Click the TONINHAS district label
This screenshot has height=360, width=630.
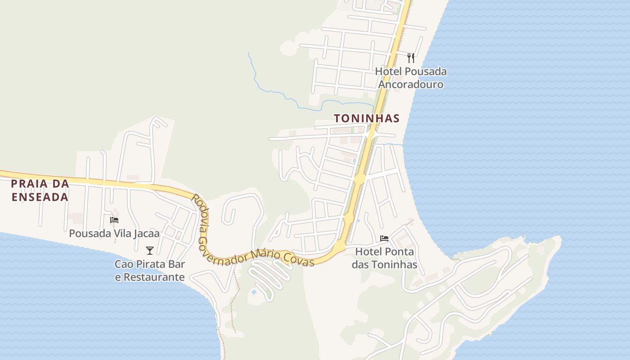(x=366, y=118)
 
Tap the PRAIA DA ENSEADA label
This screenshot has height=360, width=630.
(x=40, y=190)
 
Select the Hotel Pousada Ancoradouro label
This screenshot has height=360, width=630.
(x=410, y=78)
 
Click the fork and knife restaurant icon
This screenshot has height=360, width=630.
(x=410, y=58)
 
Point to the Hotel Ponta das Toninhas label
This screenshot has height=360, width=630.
(x=384, y=258)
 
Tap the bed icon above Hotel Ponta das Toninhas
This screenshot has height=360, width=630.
(x=384, y=238)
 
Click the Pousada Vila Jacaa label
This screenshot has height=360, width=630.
(x=114, y=234)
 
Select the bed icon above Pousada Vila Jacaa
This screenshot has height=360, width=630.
(x=114, y=220)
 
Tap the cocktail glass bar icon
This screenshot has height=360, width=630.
(x=150, y=251)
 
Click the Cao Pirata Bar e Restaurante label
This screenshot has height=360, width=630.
(x=150, y=270)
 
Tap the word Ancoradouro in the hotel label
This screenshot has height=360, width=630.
(x=410, y=85)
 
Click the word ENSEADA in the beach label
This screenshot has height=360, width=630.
(x=40, y=197)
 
